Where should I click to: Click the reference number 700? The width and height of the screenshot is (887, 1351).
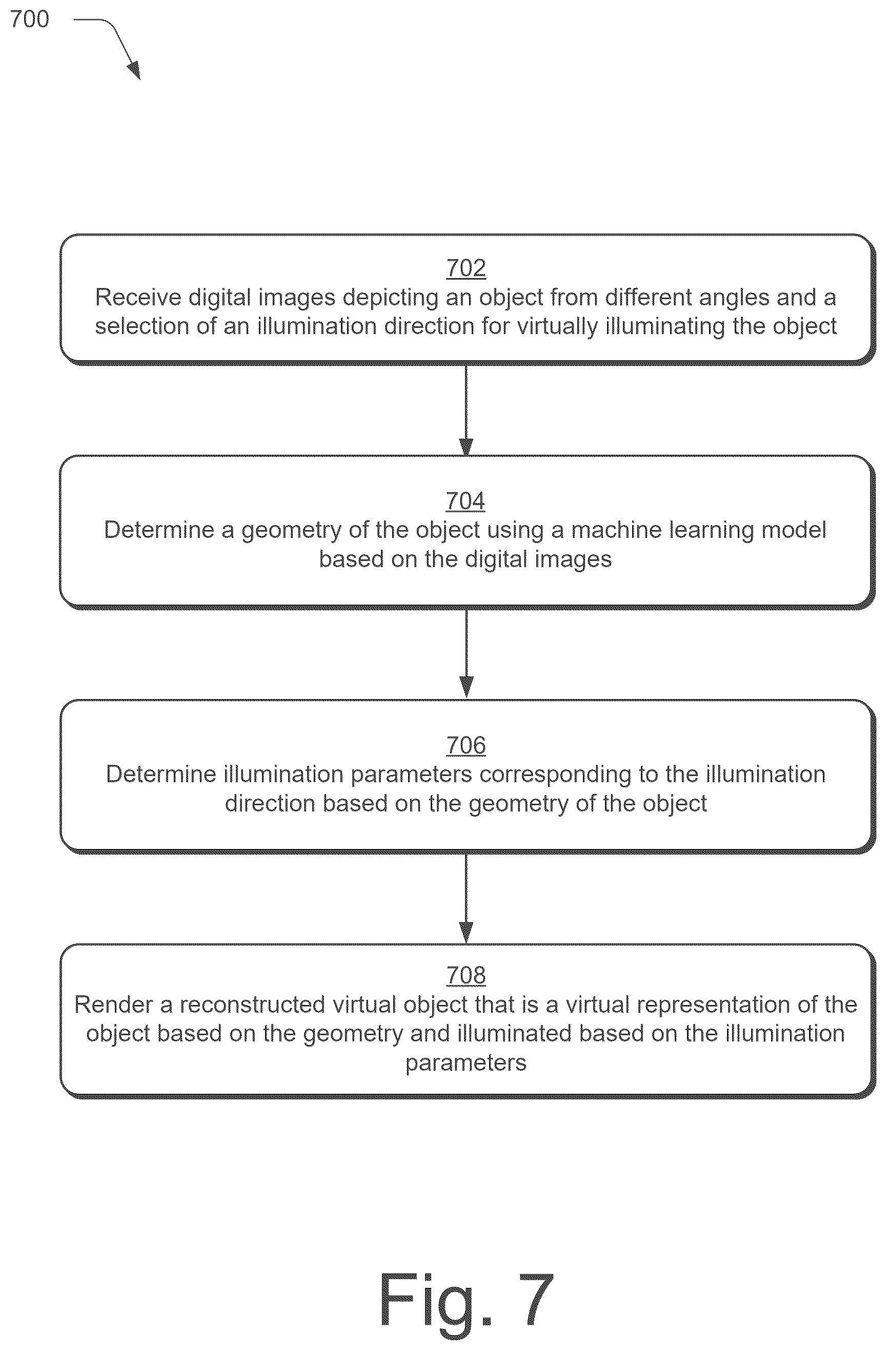click(30, 20)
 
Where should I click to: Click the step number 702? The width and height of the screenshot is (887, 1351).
click(466, 268)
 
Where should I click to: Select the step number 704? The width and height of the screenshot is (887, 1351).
click(466, 500)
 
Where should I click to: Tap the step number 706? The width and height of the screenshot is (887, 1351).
click(466, 745)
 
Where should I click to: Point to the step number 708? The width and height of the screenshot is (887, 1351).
click(466, 975)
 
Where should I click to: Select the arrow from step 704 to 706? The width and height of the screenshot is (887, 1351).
click(466, 654)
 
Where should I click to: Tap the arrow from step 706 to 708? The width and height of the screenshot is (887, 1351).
click(466, 899)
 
